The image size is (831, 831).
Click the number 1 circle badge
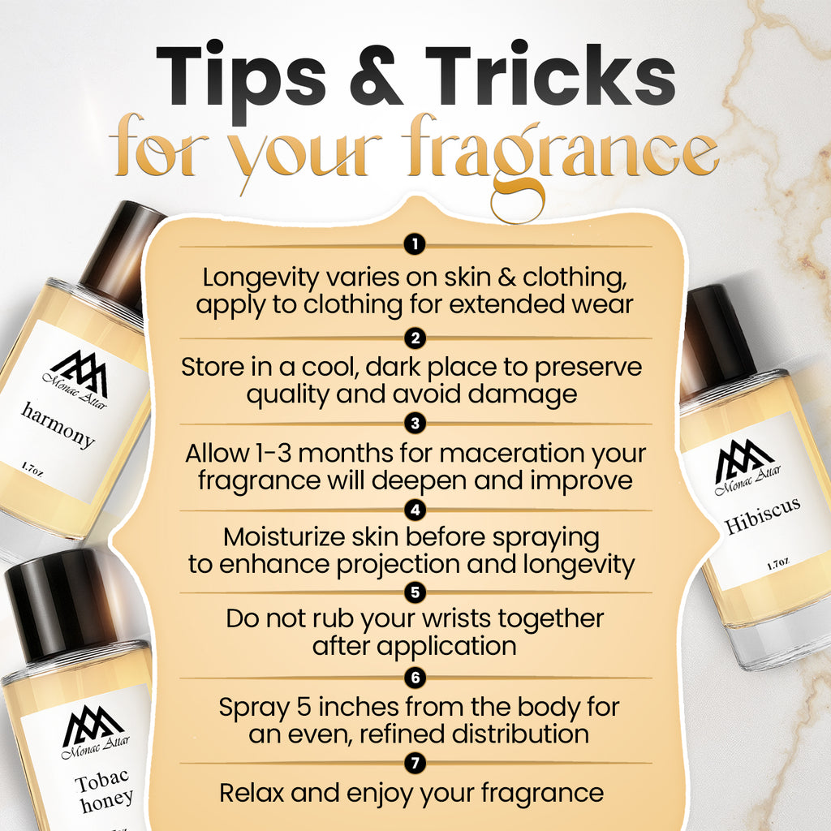415,243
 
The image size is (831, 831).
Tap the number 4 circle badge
415,510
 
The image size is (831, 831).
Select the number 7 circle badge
415,762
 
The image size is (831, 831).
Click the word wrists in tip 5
445,618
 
